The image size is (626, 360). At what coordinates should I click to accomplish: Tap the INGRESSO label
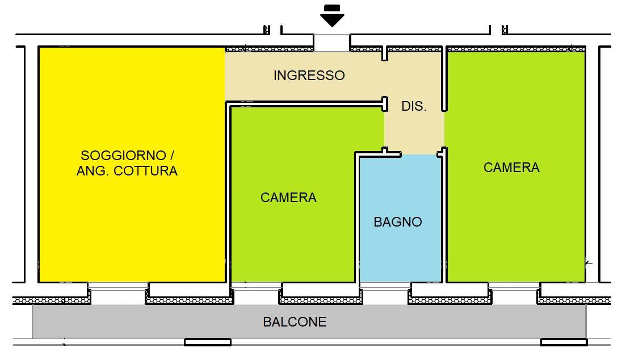click(309, 76)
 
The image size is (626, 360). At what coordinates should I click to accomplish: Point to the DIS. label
click(414, 106)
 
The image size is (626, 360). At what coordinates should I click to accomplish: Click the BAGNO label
click(398, 222)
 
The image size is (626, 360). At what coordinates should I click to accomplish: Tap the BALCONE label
click(295, 322)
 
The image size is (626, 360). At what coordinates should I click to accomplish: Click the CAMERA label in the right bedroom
click(511, 168)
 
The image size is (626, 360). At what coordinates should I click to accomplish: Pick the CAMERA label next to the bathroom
click(288, 198)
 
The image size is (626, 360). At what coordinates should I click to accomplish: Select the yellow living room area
click(131, 227)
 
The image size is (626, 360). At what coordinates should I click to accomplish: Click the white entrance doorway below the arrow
click(332, 43)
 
